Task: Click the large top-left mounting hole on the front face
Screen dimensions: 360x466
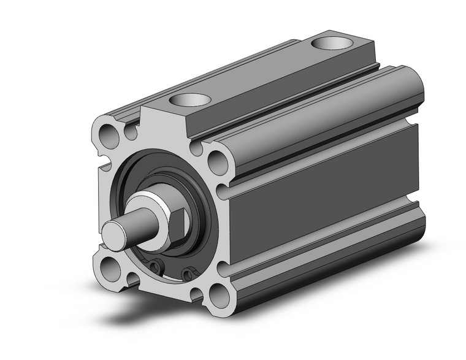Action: tap(109, 131)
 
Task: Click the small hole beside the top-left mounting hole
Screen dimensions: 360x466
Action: tap(130, 131)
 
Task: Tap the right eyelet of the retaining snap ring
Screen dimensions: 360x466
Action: tap(190, 274)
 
